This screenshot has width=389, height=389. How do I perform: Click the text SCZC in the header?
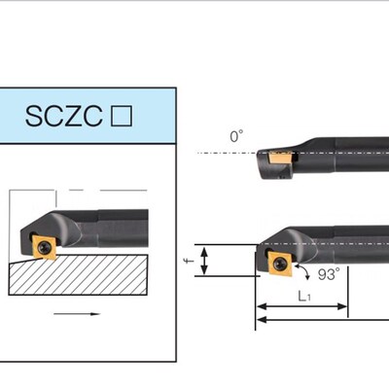[x=66, y=118]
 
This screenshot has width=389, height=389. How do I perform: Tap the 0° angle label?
[x=236, y=137]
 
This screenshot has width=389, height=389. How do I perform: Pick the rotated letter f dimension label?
[x=191, y=261]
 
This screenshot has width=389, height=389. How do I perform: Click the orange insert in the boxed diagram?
[x=45, y=248]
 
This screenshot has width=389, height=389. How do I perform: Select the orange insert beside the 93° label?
[x=279, y=264]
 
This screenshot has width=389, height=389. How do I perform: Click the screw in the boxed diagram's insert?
[x=45, y=248]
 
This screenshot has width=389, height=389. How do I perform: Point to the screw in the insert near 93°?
[x=281, y=264]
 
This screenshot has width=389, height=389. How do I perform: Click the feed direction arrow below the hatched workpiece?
[x=78, y=314]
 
